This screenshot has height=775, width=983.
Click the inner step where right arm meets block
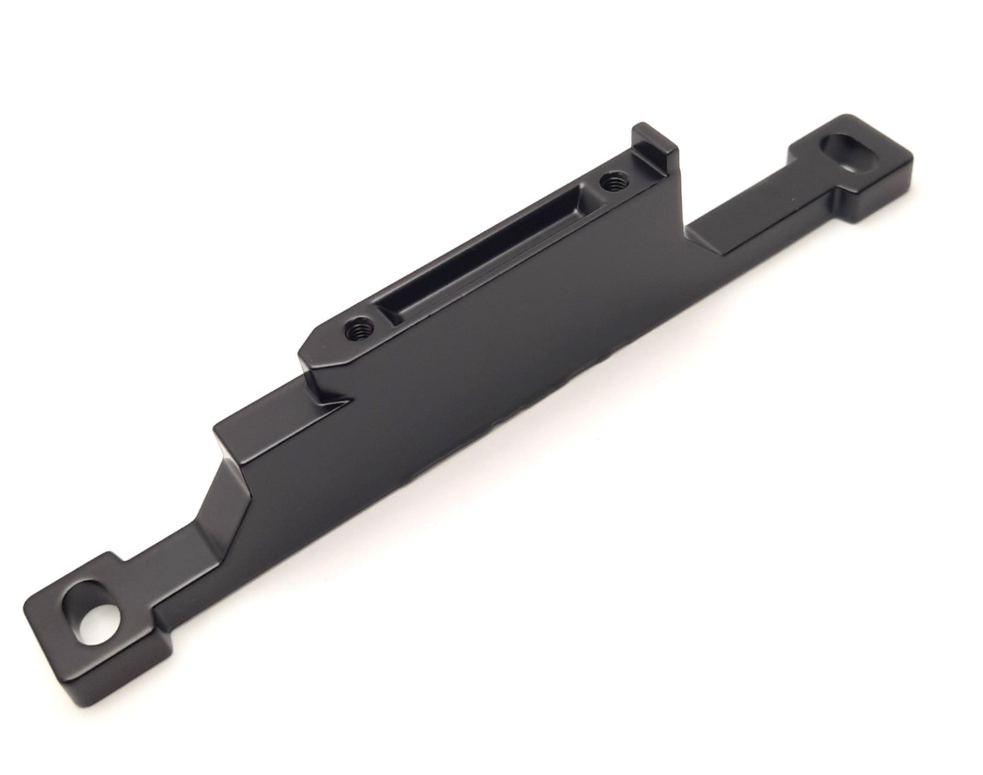[x=687, y=231]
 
